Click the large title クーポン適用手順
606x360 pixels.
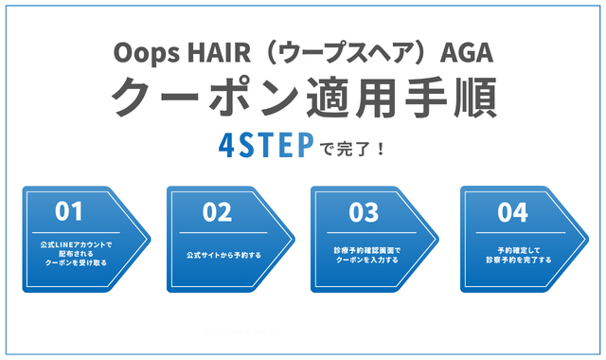tap(303, 97)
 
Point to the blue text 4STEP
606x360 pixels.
tap(267, 148)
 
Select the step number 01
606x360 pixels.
tap(69, 211)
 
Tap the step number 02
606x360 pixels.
tap(217, 211)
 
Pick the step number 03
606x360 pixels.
tap(364, 211)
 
